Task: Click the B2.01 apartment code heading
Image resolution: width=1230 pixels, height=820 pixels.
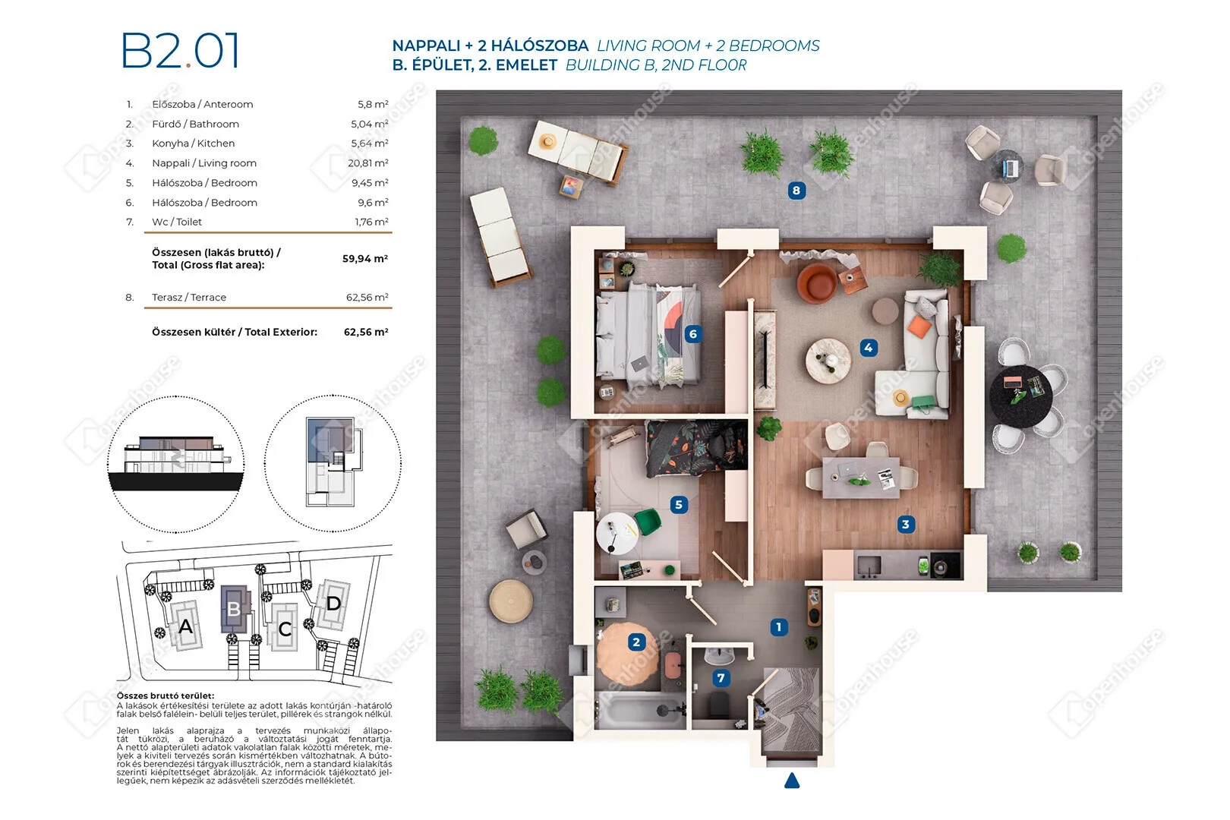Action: pyautogui.click(x=180, y=50)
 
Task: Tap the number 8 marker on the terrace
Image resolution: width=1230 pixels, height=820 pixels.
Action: pyautogui.click(x=796, y=191)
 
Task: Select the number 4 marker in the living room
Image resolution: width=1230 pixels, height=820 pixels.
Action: pyautogui.click(x=868, y=348)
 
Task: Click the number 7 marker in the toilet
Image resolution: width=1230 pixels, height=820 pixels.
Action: pyautogui.click(x=721, y=678)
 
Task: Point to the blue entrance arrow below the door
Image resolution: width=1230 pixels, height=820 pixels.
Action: pyautogui.click(x=792, y=781)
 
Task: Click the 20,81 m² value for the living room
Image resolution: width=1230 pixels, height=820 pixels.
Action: pyautogui.click(x=368, y=163)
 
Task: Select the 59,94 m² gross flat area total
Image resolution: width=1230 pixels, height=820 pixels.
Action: pyautogui.click(x=365, y=259)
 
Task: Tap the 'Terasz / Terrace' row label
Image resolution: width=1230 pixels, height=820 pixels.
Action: pyautogui.click(x=189, y=297)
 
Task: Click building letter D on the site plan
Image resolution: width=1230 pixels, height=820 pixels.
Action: pyautogui.click(x=333, y=604)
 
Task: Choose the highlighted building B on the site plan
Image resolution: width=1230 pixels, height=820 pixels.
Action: pyautogui.click(x=235, y=609)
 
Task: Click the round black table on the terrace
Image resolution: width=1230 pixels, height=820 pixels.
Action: pyautogui.click(x=1020, y=396)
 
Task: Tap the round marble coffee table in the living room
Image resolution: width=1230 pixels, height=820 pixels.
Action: pyautogui.click(x=828, y=361)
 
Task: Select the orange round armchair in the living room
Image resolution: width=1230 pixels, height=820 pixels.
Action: pyautogui.click(x=817, y=283)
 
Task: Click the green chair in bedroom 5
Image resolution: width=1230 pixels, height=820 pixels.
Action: pyautogui.click(x=648, y=521)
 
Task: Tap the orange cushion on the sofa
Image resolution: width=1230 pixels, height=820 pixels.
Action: pyautogui.click(x=919, y=326)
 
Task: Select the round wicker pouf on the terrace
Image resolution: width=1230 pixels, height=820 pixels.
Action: pyautogui.click(x=511, y=601)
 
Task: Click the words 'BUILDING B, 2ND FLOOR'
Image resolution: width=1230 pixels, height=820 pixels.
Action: pyautogui.click(x=656, y=65)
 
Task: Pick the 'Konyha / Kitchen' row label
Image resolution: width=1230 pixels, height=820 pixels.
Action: pyautogui.click(x=194, y=143)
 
